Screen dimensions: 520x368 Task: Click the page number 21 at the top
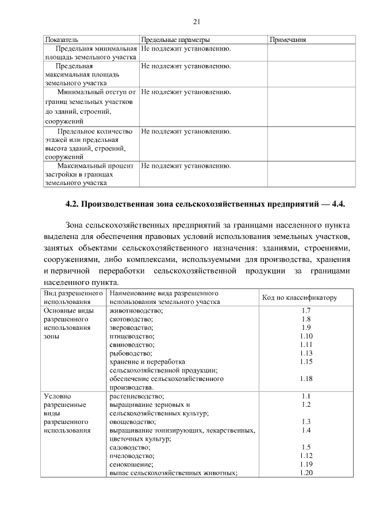pos(196,22)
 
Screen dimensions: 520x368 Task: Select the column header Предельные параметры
pos(175,40)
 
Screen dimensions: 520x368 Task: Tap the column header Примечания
pos(287,40)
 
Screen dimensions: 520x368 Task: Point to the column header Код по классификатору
pos(299,297)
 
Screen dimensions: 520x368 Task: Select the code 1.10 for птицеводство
pos(305,336)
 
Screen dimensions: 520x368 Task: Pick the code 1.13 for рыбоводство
pos(305,353)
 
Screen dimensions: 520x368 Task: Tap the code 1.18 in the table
pos(305,379)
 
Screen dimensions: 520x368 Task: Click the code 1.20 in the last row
pos(305,473)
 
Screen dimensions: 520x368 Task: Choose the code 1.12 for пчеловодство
pos(305,456)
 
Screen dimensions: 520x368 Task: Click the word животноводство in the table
pos(136,311)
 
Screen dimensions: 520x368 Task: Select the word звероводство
pos(133,328)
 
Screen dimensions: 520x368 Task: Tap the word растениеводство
pos(137,396)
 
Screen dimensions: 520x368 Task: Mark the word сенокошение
pos(131,464)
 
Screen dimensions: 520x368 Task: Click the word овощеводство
pos(132,422)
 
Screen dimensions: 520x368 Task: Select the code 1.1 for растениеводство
pos(305,396)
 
